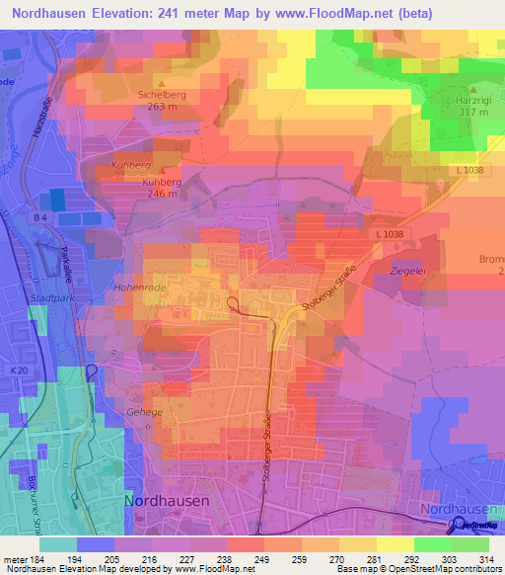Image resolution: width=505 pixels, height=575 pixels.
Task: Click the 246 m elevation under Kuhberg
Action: tap(160, 194)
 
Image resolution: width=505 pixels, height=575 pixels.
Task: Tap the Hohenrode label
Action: tap(142, 288)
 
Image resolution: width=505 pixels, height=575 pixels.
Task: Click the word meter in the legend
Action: tap(14, 560)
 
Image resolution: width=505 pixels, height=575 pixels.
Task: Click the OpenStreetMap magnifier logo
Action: tap(460, 525)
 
